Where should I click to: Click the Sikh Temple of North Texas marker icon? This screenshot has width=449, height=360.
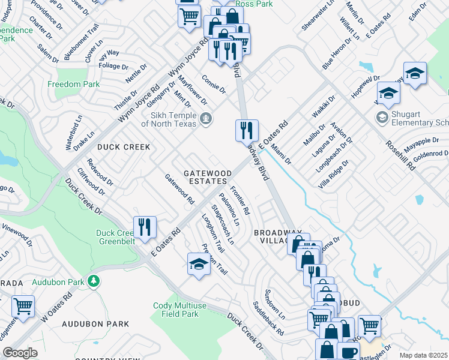click(x=206, y=118)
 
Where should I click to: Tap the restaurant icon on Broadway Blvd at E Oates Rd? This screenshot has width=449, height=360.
click(x=247, y=130)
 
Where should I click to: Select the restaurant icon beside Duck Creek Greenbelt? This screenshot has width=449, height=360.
click(x=145, y=227)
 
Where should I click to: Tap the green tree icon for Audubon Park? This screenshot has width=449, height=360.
click(x=92, y=280)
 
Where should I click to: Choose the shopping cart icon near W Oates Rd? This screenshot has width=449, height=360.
click(x=23, y=306)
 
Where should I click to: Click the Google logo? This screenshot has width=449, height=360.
click(x=20, y=353)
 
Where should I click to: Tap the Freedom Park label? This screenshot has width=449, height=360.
click(x=74, y=85)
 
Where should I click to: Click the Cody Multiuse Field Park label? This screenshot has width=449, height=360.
click(x=175, y=309)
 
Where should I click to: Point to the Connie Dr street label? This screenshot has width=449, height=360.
click(x=213, y=84)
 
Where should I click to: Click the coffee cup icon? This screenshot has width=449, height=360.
click(x=348, y=352)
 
